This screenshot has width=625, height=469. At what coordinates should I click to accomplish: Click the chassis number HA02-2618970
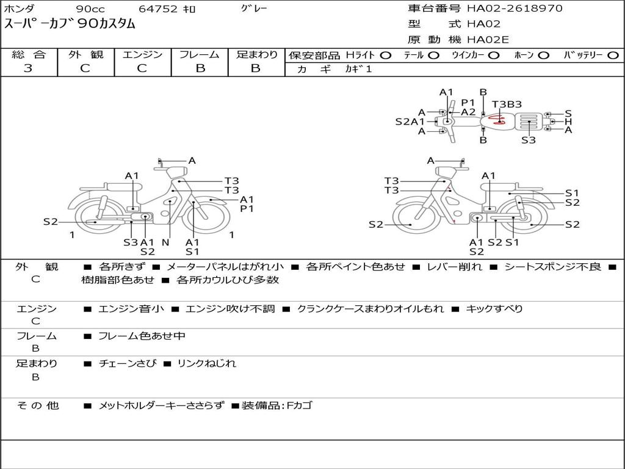point(515,9)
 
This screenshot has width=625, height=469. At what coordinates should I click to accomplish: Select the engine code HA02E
point(488,40)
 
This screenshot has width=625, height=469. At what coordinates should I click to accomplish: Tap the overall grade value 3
point(28,68)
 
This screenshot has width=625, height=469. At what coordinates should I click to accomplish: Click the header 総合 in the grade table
point(29,54)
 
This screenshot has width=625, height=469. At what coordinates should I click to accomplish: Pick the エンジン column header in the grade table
point(142,54)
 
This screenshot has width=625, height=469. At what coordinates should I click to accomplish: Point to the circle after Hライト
point(386,56)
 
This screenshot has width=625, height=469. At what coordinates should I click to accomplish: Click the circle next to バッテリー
point(613,56)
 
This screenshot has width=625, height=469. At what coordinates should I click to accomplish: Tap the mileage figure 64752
point(158,9)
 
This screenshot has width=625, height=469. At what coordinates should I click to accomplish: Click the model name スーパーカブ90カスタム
point(70,24)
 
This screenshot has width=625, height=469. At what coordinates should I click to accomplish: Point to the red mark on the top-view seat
point(497,120)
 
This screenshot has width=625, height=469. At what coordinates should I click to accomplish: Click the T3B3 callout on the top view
point(507,104)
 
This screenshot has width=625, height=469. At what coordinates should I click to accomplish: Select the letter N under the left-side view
point(166,242)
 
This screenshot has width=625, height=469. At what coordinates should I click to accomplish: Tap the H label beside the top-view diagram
point(568,122)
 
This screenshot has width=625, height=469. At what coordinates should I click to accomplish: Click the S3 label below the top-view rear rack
point(529,140)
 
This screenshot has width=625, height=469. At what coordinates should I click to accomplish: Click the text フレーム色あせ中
point(142,336)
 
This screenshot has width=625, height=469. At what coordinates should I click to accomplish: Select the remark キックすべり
point(494,308)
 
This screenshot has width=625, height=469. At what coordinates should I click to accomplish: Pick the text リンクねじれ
point(206,363)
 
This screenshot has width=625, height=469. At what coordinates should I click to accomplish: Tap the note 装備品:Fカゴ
point(277,405)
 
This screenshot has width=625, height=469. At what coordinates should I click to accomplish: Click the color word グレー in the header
point(254,8)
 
